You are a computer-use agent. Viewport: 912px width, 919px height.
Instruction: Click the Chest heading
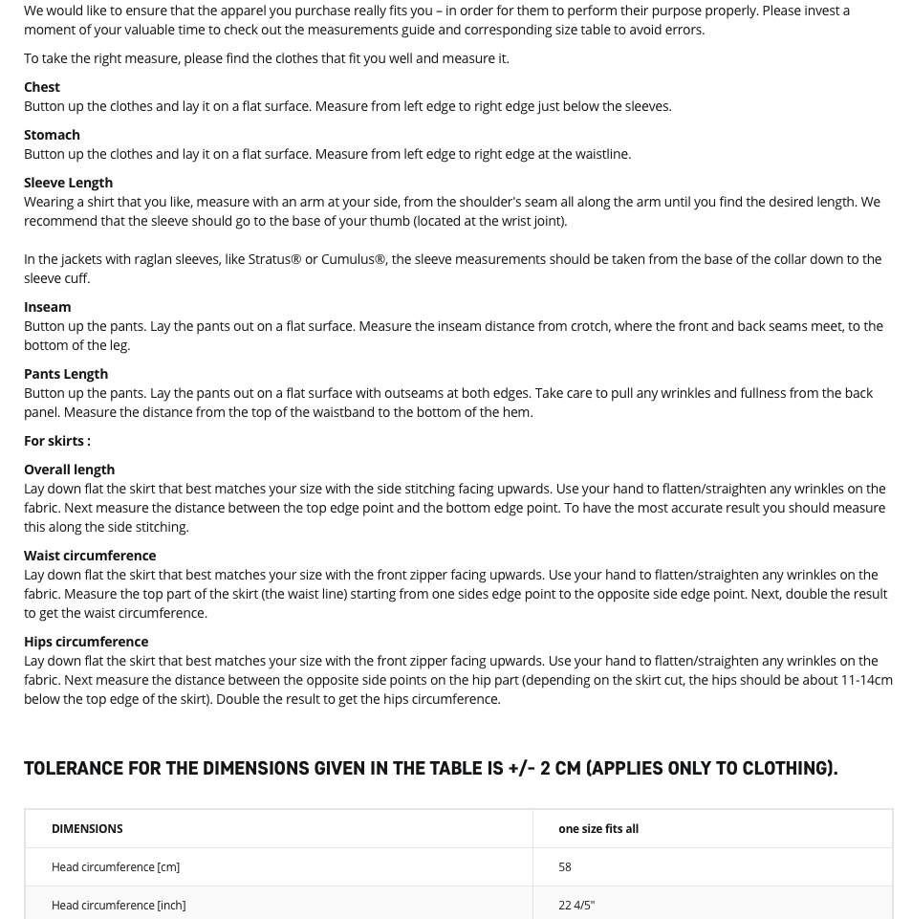(x=42, y=87)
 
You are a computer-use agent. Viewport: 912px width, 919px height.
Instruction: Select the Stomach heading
(x=52, y=135)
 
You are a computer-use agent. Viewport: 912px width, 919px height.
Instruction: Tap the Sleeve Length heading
(x=68, y=183)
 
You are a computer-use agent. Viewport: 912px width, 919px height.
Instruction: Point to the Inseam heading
(x=47, y=307)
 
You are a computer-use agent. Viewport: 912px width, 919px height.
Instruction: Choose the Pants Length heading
(x=66, y=374)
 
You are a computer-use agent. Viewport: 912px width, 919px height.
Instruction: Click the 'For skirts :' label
(x=57, y=441)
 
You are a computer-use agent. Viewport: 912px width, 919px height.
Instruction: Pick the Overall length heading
(x=69, y=470)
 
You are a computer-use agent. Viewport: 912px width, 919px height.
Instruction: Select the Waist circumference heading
(x=90, y=556)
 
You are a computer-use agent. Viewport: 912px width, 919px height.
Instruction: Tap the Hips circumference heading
(x=86, y=642)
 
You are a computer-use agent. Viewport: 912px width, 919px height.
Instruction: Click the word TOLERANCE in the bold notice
(x=74, y=769)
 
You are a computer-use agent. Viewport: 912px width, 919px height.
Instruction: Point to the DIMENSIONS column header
(x=87, y=829)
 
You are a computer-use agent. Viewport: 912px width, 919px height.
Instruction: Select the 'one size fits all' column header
(x=598, y=829)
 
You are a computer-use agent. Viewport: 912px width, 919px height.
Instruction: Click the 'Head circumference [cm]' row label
(x=116, y=867)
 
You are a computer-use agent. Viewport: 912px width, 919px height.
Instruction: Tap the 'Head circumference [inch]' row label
(x=119, y=906)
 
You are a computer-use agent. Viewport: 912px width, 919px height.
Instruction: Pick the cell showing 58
(x=565, y=867)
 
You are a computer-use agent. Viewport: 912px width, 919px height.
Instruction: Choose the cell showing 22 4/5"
(x=576, y=906)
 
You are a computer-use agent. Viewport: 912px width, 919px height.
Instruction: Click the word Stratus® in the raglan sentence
(x=274, y=259)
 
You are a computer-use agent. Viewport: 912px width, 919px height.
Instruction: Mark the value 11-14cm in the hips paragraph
(x=866, y=680)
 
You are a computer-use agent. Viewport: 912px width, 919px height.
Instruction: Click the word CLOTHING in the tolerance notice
(x=781, y=769)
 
